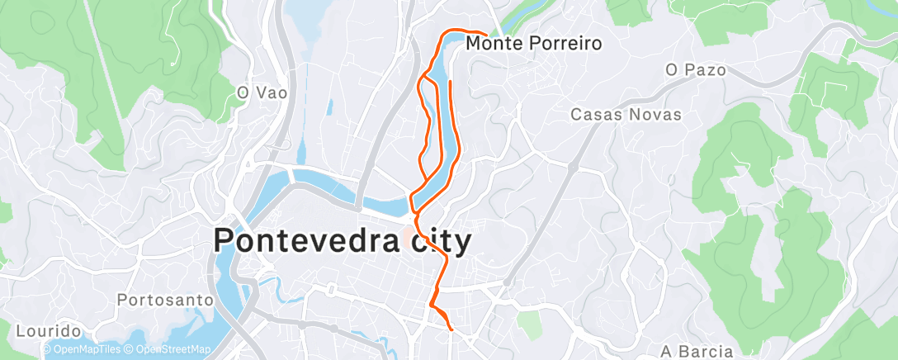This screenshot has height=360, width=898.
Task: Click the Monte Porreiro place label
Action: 534,43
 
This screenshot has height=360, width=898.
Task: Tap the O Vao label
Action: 262,93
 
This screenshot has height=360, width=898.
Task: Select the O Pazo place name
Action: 696,70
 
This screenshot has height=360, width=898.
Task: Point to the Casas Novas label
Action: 626,115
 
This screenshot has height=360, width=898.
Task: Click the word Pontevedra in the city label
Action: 308,241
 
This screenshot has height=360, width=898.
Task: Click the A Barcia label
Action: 697,352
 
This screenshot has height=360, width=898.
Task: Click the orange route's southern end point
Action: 452,329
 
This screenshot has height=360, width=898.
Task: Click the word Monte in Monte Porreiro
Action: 494,43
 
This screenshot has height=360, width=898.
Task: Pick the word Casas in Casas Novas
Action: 593,115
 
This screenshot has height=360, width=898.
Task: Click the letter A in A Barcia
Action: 668,352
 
